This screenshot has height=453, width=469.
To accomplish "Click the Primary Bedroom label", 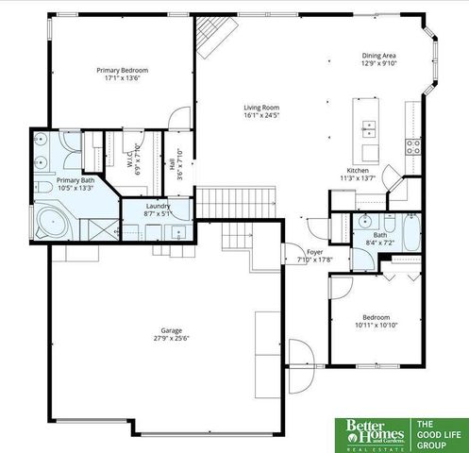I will [x=122, y=70].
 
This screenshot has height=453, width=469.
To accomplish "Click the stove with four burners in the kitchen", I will [x=412, y=145].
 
